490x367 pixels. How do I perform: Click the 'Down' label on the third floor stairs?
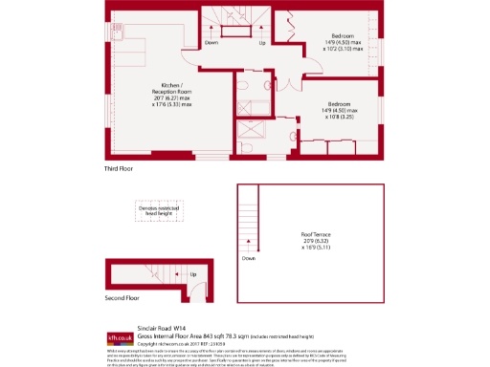[x=212, y=43]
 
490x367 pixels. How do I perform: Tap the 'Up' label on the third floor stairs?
[x=262, y=43]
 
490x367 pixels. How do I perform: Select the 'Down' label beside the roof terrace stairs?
[x=249, y=258]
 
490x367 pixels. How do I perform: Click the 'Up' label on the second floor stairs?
[x=192, y=274]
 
